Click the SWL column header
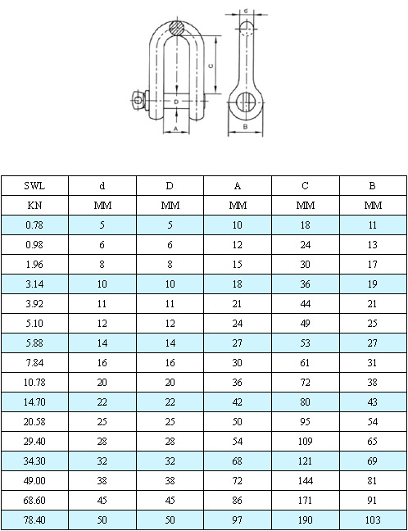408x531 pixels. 34,186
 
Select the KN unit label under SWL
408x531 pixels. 34,205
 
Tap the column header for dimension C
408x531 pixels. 305,186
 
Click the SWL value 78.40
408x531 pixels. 34,520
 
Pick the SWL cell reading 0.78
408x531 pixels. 34,225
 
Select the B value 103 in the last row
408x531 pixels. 373,520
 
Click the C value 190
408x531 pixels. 305,520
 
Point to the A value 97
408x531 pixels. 238,520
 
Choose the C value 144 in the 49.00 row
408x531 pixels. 305,481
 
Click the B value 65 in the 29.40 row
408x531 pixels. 373,442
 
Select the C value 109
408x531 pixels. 305,442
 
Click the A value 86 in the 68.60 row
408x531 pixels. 238,501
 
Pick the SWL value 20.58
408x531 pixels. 34,422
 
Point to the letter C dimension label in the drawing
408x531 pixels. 211,65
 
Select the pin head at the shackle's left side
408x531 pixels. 137,100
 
